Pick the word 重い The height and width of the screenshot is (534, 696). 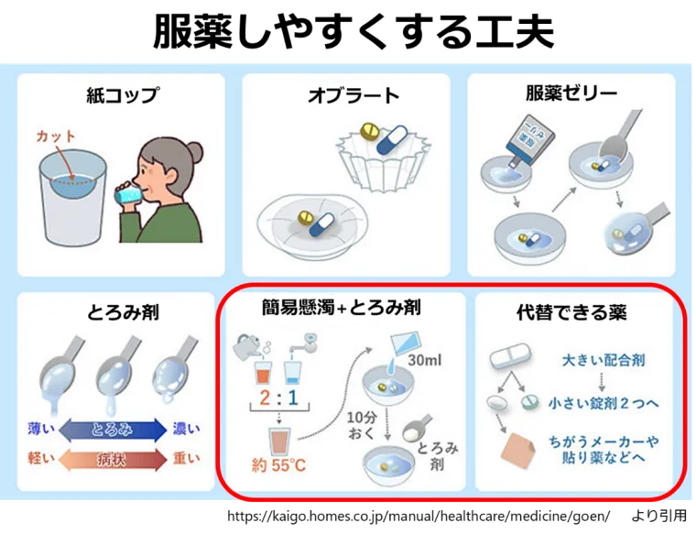[x=187, y=459]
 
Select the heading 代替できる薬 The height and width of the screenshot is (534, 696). [x=572, y=312]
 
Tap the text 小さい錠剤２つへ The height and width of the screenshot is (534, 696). [x=604, y=402]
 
